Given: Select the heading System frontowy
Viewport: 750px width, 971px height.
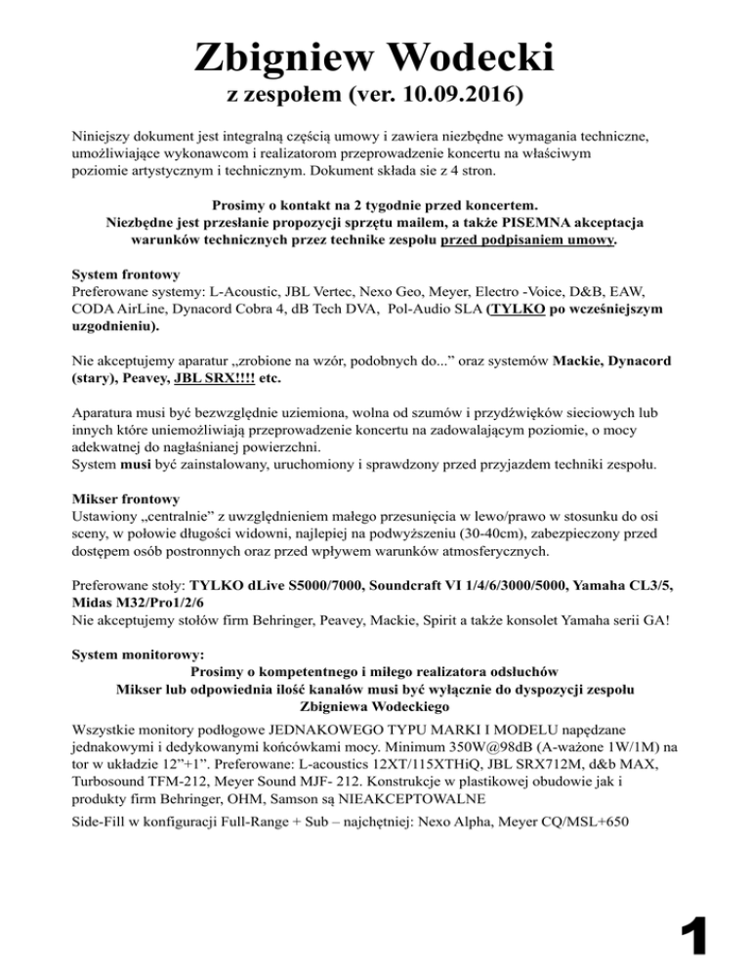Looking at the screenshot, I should [x=125, y=274].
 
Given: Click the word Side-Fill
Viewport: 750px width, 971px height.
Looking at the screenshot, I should [x=103, y=823].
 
